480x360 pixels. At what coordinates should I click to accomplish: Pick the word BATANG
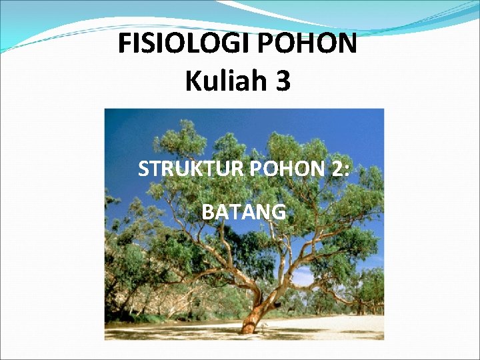[244, 212]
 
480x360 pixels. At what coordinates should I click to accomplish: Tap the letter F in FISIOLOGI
[125, 45]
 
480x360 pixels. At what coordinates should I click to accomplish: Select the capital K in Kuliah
[193, 82]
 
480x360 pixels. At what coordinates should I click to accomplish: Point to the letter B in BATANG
[207, 212]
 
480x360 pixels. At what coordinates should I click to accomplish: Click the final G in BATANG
[279, 212]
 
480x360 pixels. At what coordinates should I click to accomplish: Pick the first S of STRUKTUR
[143, 170]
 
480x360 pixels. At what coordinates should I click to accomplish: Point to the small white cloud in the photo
[304, 276]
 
